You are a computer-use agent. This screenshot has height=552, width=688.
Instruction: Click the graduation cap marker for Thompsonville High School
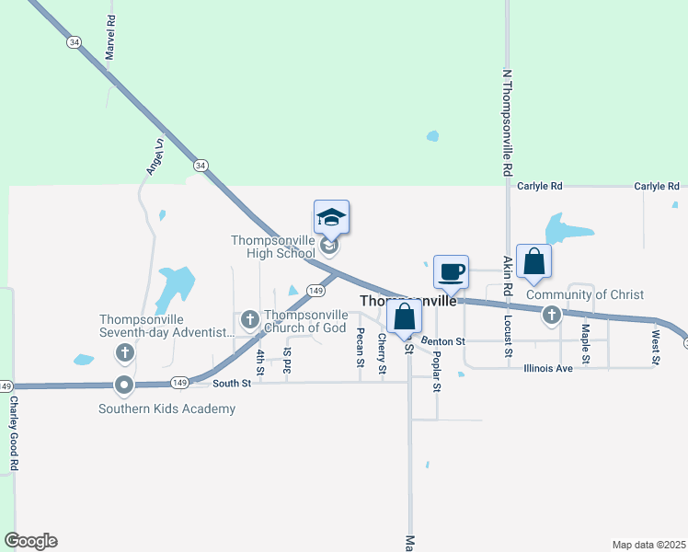click(331, 218)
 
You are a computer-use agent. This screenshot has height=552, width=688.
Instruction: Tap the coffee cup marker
click(451, 272)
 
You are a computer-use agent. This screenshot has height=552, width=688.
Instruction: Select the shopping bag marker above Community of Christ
click(533, 261)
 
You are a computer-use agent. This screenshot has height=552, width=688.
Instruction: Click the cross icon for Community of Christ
click(551, 316)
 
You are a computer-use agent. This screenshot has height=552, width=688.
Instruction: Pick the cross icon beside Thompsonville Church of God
click(249, 320)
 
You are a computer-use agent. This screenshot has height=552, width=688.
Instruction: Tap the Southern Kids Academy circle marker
click(124, 385)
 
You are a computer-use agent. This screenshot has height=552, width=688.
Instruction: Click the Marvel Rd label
click(110, 38)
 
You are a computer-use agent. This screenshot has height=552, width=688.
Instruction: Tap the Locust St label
click(507, 336)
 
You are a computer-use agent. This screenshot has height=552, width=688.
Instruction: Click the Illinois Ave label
click(547, 369)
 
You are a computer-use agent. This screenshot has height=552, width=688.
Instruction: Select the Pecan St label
click(361, 347)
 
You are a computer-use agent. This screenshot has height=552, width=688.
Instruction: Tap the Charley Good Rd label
click(14, 433)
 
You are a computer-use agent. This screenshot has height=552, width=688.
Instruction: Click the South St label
click(231, 383)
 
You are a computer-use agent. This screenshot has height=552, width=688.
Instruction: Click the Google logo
click(30, 541)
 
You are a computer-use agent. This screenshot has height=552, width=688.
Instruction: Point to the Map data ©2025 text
click(648, 545)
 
